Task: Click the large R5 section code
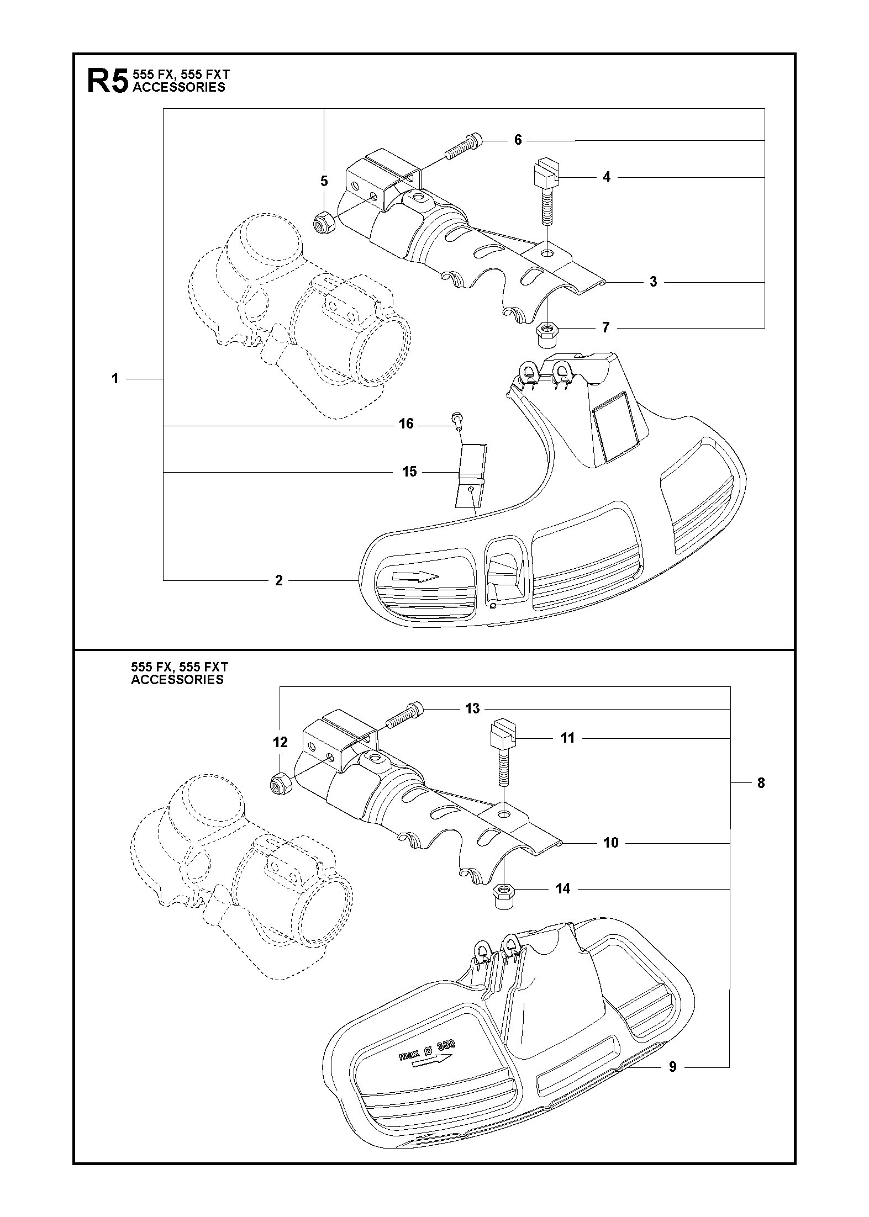107,82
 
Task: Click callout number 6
518,140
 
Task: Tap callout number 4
607,177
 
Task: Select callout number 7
606,328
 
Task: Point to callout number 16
406,424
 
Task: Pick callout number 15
409,472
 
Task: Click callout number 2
278,580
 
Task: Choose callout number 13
472,708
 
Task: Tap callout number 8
761,782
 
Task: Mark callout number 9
672,1067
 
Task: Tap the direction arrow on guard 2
415,576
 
